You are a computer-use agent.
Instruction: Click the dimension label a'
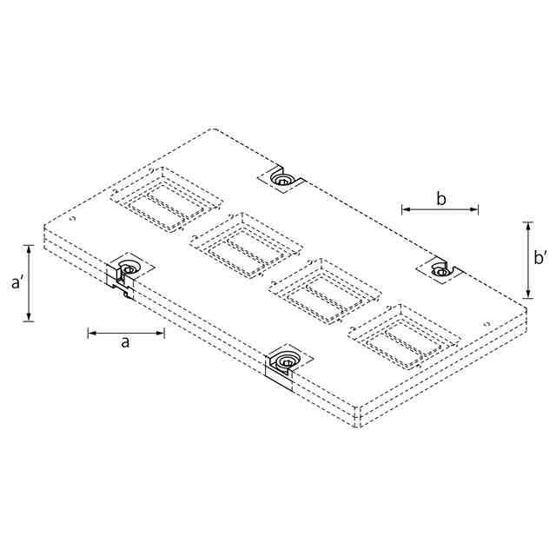tap(17, 282)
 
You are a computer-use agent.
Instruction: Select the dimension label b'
tap(540, 257)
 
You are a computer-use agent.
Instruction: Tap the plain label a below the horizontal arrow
tap(125, 342)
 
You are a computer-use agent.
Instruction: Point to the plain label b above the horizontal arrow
tap(440, 199)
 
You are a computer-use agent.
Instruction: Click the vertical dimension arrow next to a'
tap(30, 283)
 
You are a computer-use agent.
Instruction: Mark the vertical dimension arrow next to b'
tap(528, 260)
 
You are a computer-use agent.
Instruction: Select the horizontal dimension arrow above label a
tap(126, 333)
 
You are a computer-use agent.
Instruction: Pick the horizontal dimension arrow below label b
tap(440, 209)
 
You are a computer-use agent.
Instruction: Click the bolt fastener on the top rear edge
tap(281, 179)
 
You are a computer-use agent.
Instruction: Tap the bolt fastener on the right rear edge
tap(440, 270)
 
